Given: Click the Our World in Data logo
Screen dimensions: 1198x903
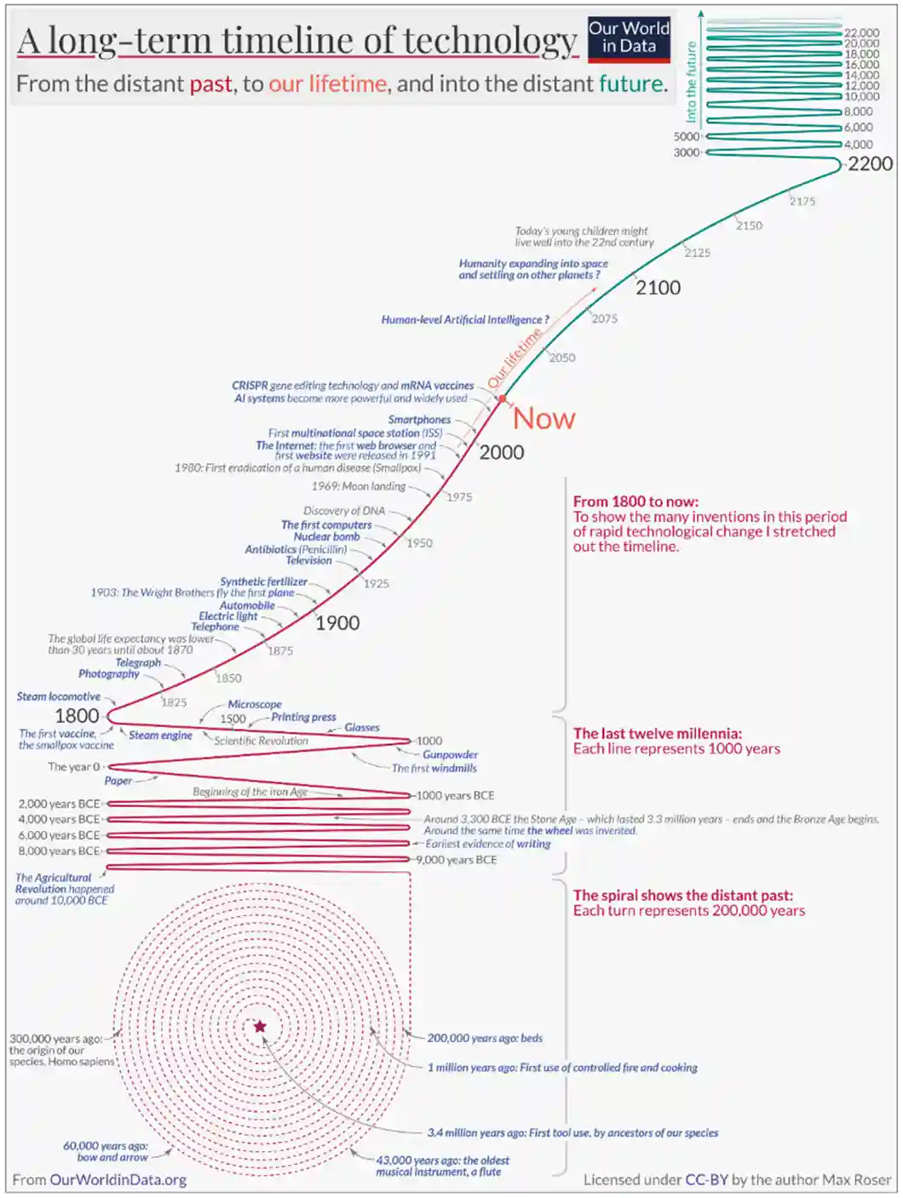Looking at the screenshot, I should click(629, 38).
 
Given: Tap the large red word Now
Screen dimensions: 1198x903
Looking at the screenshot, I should click(544, 419).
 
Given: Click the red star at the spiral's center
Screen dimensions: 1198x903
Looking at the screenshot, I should click(260, 1026).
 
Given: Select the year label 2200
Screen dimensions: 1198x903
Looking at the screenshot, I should click(870, 163).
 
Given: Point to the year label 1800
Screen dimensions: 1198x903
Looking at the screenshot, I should click(77, 716).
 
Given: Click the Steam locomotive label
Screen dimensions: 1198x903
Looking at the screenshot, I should click(59, 696).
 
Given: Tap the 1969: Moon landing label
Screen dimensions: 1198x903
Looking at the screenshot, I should click(359, 486).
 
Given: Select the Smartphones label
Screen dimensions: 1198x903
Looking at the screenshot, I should click(419, 420).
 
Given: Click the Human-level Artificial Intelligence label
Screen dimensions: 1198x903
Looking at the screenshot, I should click(465, 320).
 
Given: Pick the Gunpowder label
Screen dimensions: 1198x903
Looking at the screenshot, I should click(450, 754).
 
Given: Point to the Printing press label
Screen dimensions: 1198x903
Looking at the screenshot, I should click(303, 717).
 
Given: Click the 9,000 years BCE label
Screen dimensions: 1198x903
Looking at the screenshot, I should click(456, 860).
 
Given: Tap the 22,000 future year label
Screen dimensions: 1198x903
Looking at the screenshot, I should click(861, 33).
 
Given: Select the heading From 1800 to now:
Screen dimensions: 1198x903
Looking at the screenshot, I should click(636, 502).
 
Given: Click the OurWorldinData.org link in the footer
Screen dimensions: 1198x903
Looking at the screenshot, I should click(118, 1179).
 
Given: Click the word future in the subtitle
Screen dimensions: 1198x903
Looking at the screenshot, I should click(630, 83).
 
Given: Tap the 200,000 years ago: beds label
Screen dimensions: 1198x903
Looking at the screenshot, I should click(485, 1038).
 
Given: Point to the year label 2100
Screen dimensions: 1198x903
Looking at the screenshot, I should click(658, 288).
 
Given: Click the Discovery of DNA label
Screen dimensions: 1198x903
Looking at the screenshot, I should click(344, 511).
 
